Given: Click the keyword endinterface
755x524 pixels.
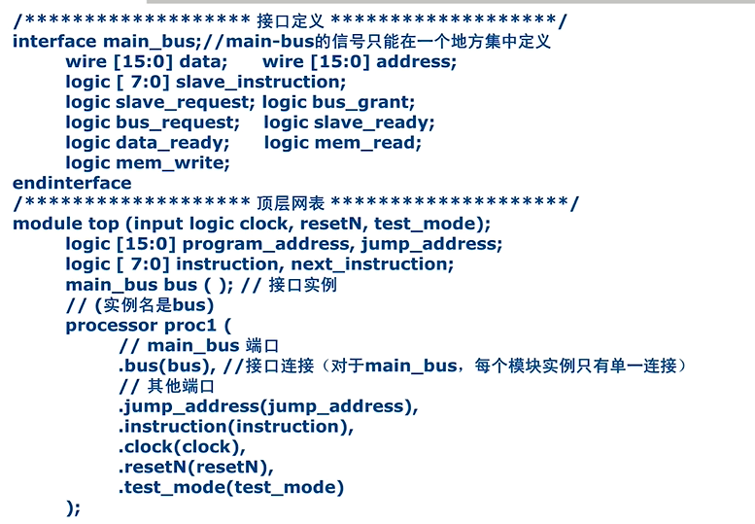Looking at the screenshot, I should point(72,183).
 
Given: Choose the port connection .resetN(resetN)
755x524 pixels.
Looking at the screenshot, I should point(195,468).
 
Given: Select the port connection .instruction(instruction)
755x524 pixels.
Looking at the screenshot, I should point(236,427).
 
